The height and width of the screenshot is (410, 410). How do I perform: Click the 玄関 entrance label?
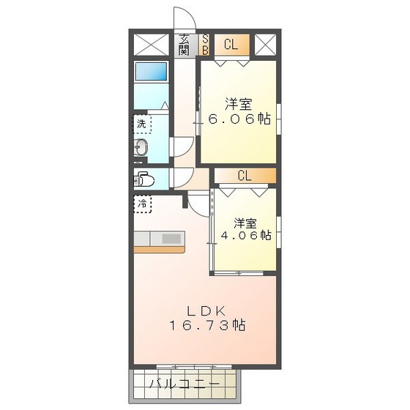tap(184, 45)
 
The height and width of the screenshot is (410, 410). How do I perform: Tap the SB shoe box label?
tap(205, 45)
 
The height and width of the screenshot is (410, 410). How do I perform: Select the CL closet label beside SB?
tap(231, 45)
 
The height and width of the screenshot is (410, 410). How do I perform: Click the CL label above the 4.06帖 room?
tap(244, 176)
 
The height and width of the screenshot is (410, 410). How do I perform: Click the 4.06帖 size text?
tap(247, 236)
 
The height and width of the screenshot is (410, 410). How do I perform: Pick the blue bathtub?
tap(151, 73)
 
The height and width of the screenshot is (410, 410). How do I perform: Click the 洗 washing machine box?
tap(142, 123)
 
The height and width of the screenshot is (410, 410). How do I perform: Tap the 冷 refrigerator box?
tap(142, 204)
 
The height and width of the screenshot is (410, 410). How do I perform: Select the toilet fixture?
tap(144, 179)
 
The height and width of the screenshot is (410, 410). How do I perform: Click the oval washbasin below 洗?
tap(142, 149)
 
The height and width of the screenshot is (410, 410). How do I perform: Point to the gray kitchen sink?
tap(171, 238)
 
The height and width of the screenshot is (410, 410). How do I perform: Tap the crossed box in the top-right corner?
tap(266, 45)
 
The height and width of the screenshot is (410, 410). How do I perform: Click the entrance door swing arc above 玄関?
tap(182, 18)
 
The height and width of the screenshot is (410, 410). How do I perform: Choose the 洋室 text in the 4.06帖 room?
tap(246, 221)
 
